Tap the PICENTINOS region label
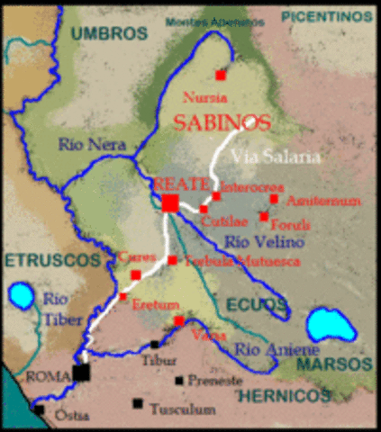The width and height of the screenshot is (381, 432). click(326, 17)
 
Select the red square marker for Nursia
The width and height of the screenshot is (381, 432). click(221, 76)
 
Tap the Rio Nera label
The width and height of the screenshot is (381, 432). click(89, 143)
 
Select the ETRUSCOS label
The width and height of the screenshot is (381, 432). click(49, 259)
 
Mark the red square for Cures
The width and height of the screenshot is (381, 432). click(135, 275)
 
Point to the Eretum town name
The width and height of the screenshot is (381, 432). click(150, 306)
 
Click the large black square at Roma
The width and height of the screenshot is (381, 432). click(83, 372)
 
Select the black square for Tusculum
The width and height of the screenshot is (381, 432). click(137, 403)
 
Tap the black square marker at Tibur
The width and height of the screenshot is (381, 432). click(156, 345)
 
